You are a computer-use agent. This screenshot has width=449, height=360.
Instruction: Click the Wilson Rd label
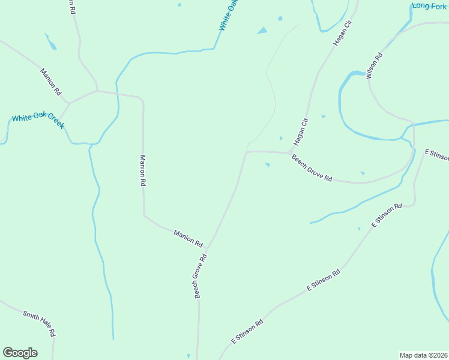coord(373,66)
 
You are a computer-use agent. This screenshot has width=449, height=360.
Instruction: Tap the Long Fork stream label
coord(429,6)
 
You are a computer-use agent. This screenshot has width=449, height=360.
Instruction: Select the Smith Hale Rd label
coord(39,323)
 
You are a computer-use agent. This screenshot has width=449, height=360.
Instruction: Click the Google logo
coord(20,353)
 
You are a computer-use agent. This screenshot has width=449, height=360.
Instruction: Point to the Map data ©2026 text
coord(423,355)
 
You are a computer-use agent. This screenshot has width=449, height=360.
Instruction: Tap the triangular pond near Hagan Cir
coord(262,31)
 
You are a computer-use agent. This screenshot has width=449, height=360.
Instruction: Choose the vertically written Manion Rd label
coord(143,171)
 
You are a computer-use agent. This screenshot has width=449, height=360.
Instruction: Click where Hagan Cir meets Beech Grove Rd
coord(289,152)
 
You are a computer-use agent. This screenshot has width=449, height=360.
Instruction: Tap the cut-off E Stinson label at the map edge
coord(436,154)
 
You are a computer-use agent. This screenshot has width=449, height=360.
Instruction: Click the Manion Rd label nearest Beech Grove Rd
coord(188,238)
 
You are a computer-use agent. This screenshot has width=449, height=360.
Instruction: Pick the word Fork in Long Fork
coord(438,6)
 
